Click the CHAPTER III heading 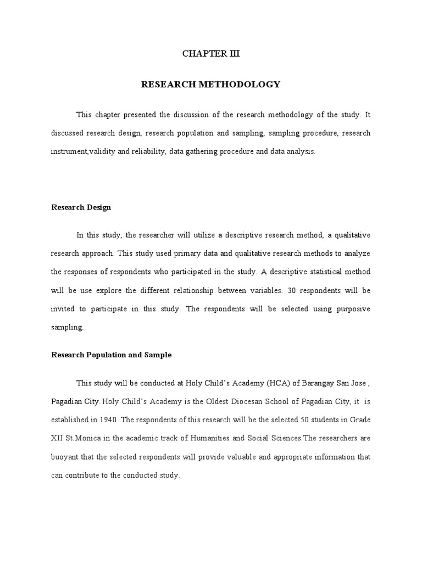(211, 54)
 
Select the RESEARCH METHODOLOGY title (211, 85)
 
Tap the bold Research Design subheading (81, 207)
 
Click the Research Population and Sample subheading (112, 355)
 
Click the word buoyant (65, 457)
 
